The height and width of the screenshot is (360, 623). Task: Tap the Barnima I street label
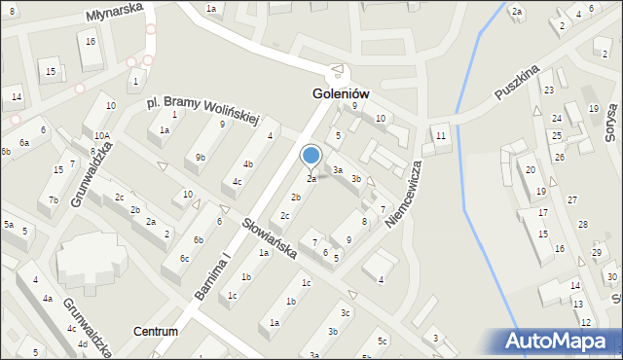pos(213,277)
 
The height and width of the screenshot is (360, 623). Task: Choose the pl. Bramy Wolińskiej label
pos(202,109)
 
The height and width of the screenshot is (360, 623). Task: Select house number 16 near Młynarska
pos(90,41)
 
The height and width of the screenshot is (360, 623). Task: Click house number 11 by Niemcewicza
pos(441,135)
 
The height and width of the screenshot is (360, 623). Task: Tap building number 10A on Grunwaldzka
pos(102,137)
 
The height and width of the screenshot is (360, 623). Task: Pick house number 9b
pos(201,157)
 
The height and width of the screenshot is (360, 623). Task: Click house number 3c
pos(346,313)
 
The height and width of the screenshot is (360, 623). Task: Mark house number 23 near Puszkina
pos(549,90)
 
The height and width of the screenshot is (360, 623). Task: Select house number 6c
pos(184,258)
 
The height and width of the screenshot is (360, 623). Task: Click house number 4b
pos(249,163)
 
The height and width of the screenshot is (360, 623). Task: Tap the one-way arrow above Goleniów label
pos(337,70)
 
